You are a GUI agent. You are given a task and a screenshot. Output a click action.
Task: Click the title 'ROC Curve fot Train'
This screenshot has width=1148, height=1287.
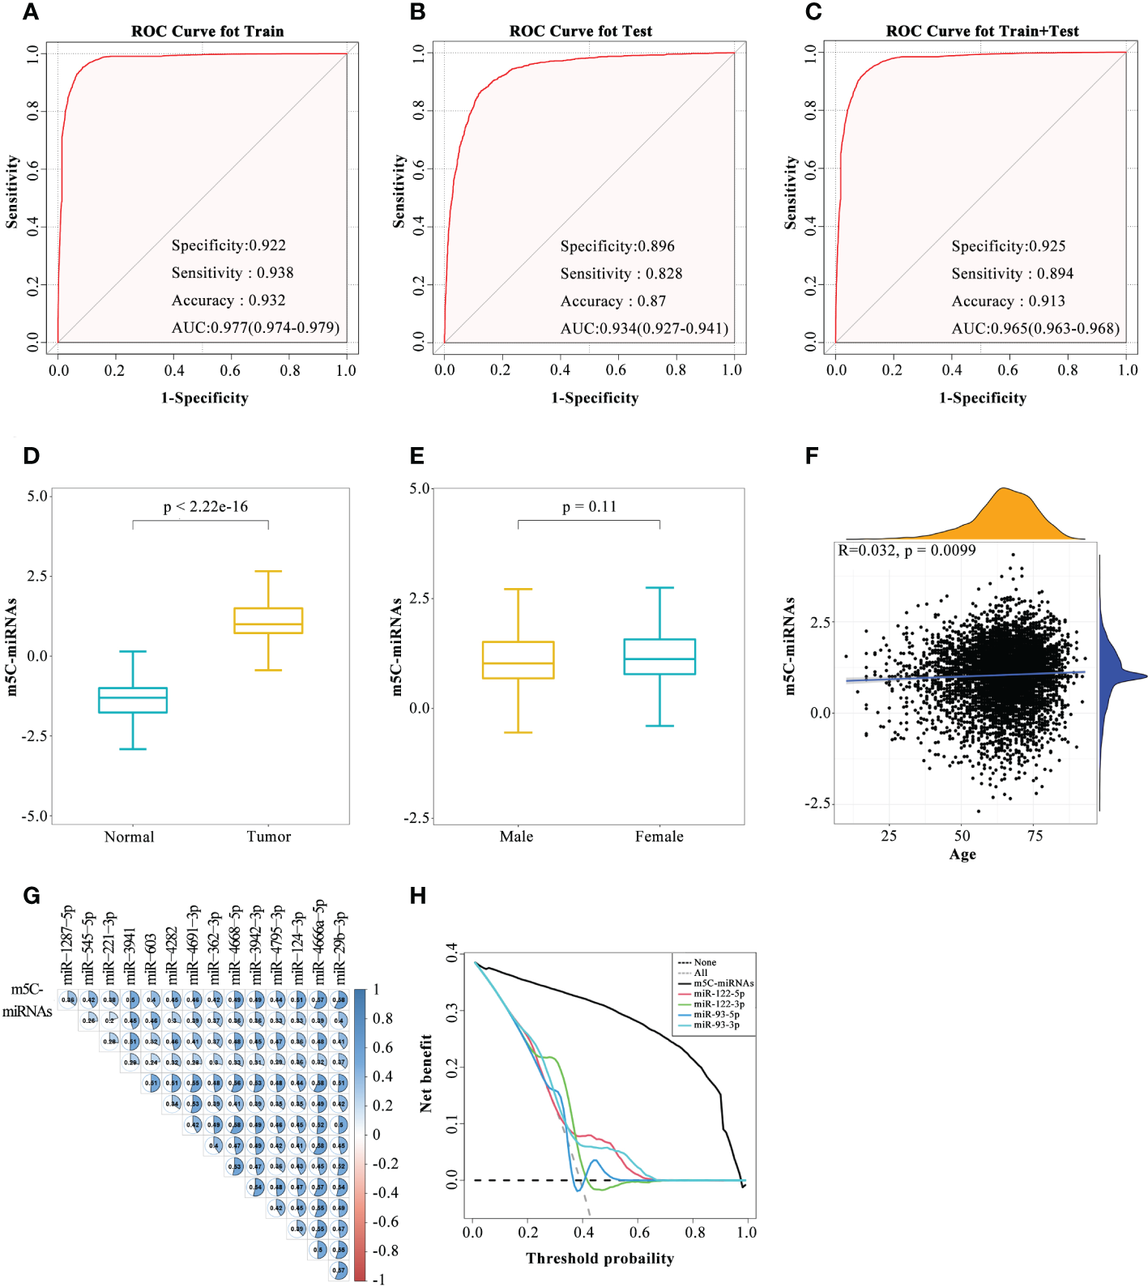tap(207, 32)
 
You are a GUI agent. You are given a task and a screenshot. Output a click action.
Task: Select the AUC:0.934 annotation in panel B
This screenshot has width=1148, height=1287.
tap(644, 328)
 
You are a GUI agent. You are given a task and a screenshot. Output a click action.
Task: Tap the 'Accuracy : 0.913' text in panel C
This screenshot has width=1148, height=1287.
tap(1008, 301)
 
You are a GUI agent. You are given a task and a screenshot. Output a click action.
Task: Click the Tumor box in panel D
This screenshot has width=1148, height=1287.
tap(268, 620)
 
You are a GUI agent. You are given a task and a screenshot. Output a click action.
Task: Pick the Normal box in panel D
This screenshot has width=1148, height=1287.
tap(133, 700)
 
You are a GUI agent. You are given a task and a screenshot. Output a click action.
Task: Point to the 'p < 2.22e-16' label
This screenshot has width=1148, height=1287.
tap(206, 507)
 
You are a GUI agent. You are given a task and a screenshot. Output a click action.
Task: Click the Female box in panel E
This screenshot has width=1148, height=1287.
tap(659, 657)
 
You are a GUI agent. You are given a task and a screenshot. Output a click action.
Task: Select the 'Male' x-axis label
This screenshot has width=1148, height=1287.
tap(516, 837)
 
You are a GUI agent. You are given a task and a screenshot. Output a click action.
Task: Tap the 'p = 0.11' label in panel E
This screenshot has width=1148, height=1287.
tap(590, 507)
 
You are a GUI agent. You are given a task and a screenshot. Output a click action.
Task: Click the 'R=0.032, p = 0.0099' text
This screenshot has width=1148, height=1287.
tap(907, 551)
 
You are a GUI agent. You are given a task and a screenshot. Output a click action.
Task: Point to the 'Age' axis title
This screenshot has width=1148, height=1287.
tap(962, 854)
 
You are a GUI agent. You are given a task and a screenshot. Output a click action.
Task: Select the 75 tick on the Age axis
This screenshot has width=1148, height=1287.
tap(1035, 836)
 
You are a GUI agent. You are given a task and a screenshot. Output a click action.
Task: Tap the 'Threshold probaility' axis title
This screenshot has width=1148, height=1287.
tap(600, 1259)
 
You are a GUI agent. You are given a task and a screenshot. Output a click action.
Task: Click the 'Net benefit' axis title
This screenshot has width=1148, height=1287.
tap(426, 1072)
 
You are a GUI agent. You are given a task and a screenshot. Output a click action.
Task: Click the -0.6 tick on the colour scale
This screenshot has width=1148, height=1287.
tap(385, 1221)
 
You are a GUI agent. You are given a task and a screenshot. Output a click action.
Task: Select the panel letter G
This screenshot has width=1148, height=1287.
tap(32, 896)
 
